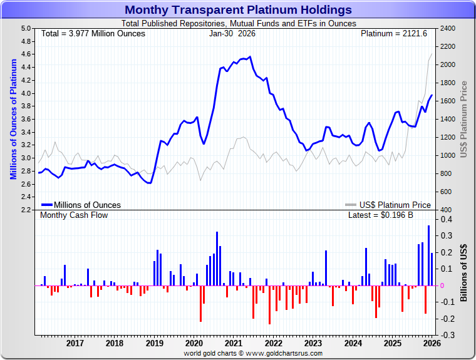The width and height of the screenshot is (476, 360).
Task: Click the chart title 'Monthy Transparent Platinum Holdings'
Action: pyautogui.click(x=238, y=10)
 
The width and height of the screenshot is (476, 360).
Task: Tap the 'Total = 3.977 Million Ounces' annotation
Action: pyautogui.click(x=93, y=33)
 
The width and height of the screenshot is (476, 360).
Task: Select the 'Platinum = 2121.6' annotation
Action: pyautogui.click(x=393, y=33)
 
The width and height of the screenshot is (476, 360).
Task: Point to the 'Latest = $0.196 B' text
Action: pyautogui.click(x=381, y=215)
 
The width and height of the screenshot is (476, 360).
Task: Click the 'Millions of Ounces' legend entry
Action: pyautogui.click(x=87, y=205)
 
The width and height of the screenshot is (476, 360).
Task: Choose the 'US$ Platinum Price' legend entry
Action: pyautogui.click(x=395, y=205)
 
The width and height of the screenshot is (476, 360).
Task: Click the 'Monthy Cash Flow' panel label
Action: pyautogui.click(x=74, y=215)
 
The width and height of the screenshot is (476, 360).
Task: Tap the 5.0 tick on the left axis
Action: pyautogui.click(x=26, y=29)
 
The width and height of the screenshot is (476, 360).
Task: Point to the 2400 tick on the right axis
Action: pyautogui.click(x=448, y=29)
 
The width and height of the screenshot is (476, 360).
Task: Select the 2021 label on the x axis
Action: pyautogui.click(x=233, y=343)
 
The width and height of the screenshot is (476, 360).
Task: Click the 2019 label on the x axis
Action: pyautogui.click(x=154, y=343)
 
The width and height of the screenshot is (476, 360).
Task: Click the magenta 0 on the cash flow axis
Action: pyautogui.click(x=443, y=285)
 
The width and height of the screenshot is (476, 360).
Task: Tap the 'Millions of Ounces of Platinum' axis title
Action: pyautogui.click(x=13, y=119)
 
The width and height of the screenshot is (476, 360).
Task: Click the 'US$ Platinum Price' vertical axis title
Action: pyautogui.click(x=464, y=119)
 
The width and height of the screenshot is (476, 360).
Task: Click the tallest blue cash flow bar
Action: pyautogui.click(x=428, y=255)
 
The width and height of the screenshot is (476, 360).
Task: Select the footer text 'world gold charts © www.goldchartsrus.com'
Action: pyautogui.click(x=253, y=354)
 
